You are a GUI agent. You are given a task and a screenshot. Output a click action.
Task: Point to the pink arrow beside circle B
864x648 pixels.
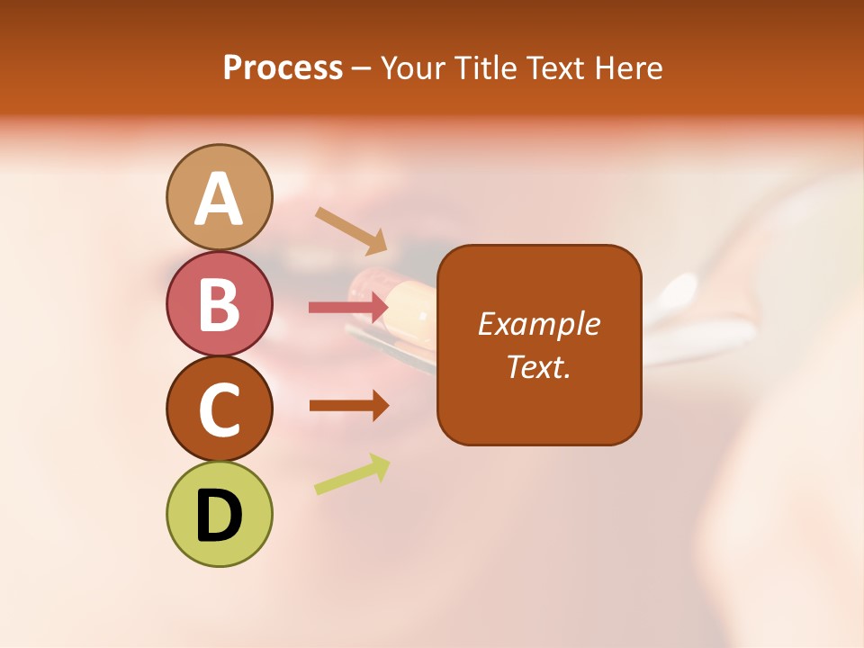[x=347, y=308]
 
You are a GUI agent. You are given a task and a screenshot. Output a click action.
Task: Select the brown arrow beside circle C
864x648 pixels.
[x=348, y=405]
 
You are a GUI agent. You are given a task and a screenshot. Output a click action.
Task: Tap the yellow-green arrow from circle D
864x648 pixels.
[x=352, y=474]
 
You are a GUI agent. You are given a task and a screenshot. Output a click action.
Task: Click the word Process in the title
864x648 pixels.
[x=283, y=68]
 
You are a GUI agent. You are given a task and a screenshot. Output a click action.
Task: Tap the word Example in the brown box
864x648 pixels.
[x=538, y=324]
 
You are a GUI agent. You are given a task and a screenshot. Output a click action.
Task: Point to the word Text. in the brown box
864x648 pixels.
[x=538, y=366]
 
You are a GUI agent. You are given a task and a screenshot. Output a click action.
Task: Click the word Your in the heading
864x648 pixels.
[x=411, y=68]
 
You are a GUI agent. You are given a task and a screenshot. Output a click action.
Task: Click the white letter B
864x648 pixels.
[x=219, y=304]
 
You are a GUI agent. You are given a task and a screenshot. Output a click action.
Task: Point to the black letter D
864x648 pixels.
[x=219, y=516]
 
